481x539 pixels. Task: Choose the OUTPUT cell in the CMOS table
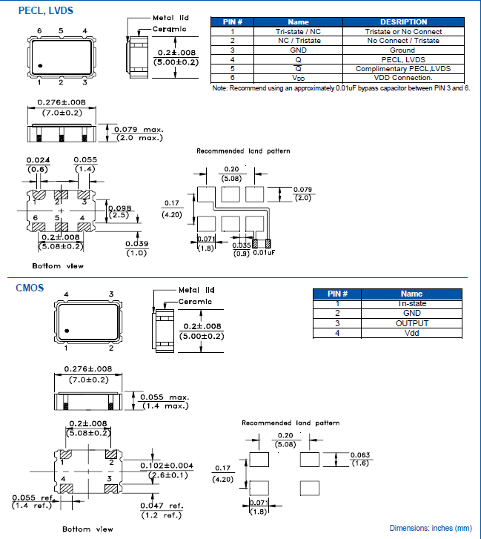tap(411, 323)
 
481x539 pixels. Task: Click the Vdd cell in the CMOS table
tap(411, 333)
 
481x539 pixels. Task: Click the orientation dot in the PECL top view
tap(41, 67)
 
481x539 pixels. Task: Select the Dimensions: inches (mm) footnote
tap(431, 528)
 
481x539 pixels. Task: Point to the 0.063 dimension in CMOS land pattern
tap(359, 454)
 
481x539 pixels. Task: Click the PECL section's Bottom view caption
tap(58, 265)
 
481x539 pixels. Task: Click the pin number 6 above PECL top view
tap(39, 30)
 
